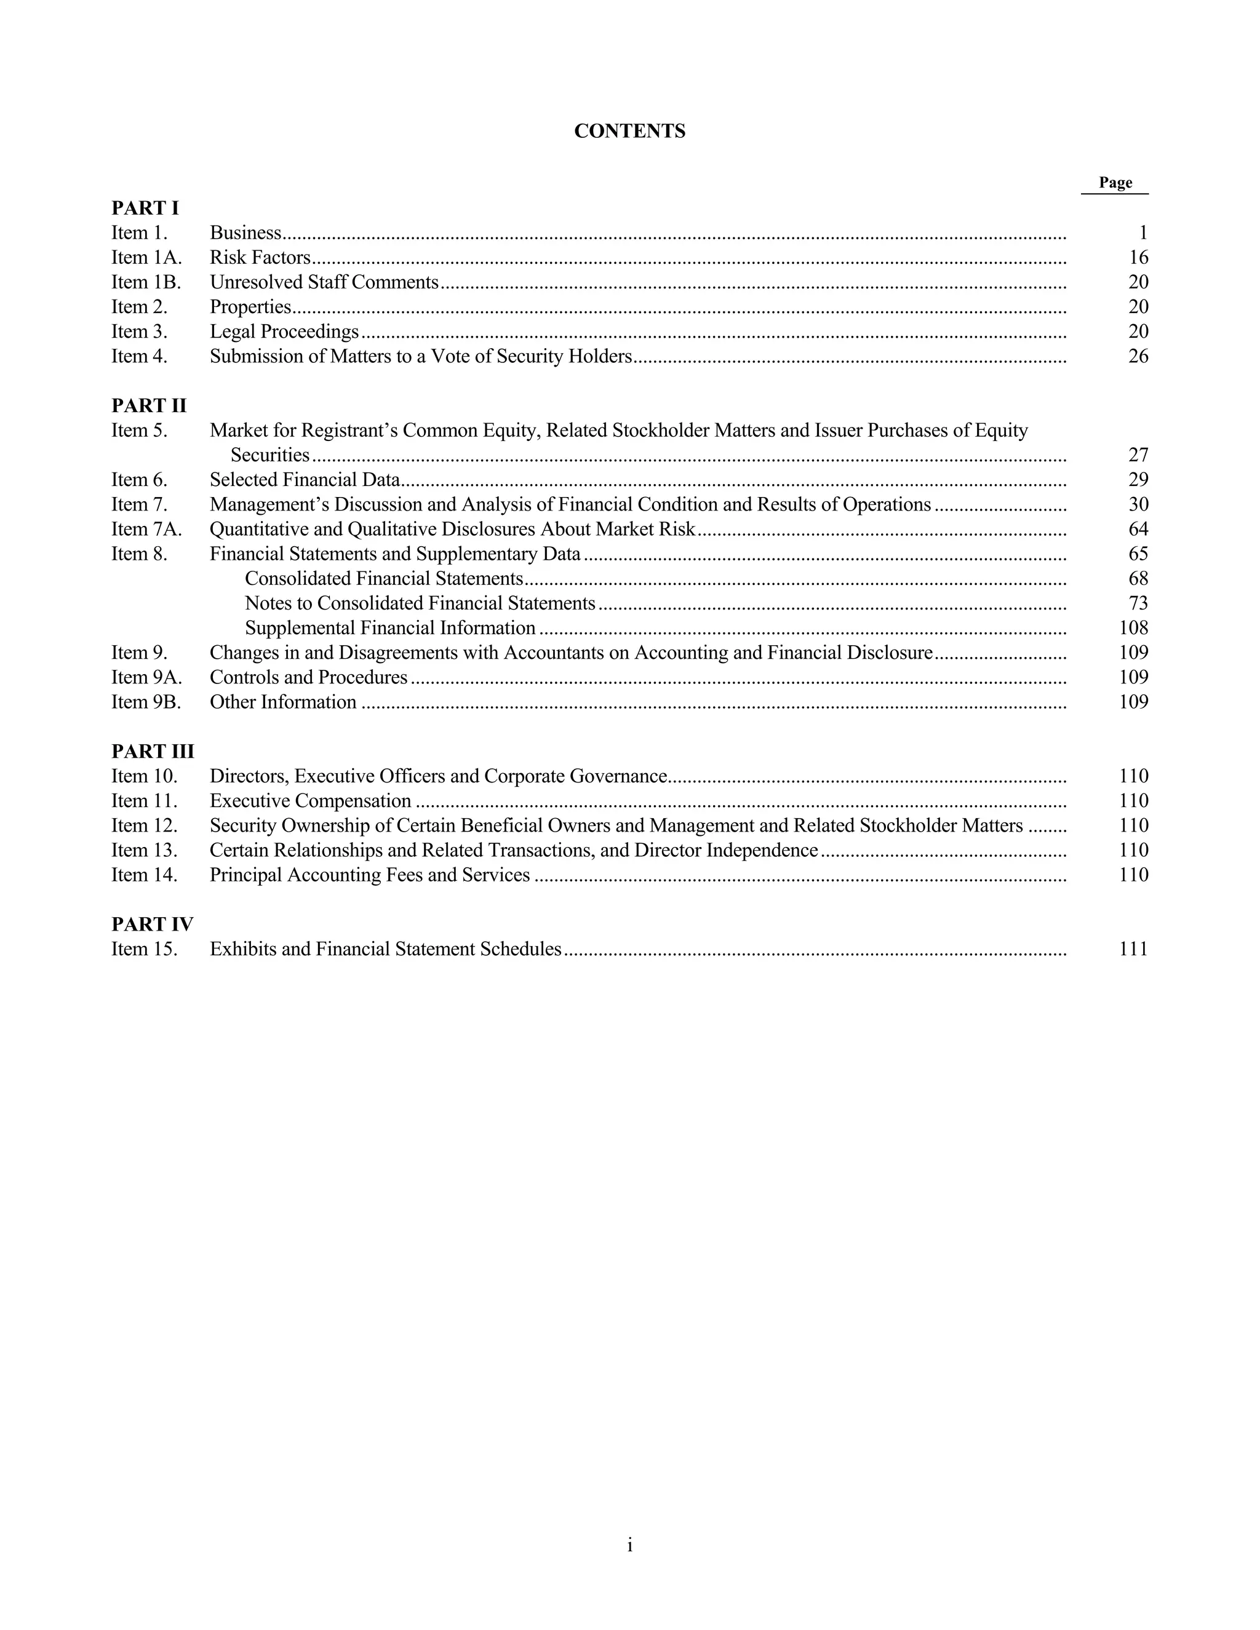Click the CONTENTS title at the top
point(629,132)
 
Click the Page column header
point(1115,183)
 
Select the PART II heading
point(148,406)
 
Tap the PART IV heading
point(153,924)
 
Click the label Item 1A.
point(146,258)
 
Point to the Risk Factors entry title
point(260,258)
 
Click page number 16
point(1138,258)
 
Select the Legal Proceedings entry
point(284,332)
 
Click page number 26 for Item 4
point(1138,356)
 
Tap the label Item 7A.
point(146,529)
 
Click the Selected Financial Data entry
point(305,480)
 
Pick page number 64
point(1138,529)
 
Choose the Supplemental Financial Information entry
point(389,627)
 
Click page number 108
point(1134,627)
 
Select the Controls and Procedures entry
point(308,677)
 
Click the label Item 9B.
point(146,702)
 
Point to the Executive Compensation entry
point(310,801)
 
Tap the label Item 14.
point(145,875)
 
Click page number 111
point(1134,949)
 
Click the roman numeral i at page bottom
point(630,1545)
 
